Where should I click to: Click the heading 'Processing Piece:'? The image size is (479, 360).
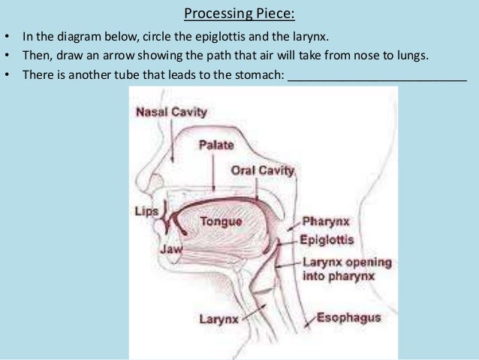239,14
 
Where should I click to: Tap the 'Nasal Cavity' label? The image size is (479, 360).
171,112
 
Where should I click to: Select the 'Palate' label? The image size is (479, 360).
216,145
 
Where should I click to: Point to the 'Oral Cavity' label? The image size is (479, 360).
263,171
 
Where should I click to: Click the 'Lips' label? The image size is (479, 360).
146,210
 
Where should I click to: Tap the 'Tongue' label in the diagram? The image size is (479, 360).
221,222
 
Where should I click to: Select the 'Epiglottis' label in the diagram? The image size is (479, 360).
327,241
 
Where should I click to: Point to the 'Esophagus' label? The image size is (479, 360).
348,317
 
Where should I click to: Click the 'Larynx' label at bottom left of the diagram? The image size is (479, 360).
218,319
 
